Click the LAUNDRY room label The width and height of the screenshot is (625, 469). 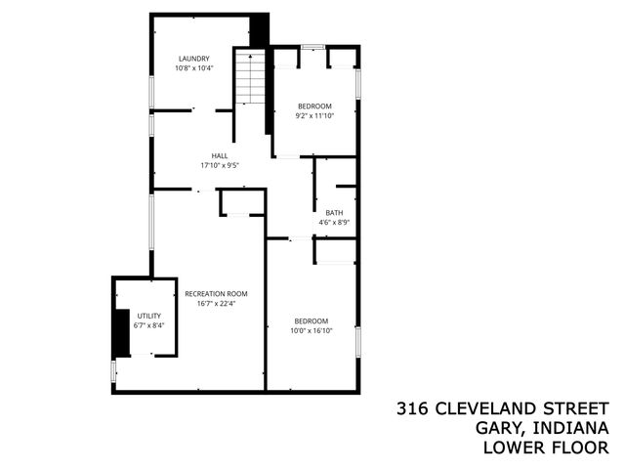tap(193, 59)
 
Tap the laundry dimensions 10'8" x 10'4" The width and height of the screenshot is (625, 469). tap(193, 68)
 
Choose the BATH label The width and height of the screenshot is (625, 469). tap(334, 213)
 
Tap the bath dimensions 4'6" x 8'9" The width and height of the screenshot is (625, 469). tap(334, 223)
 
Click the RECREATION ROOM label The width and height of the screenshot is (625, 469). tap(216, 293)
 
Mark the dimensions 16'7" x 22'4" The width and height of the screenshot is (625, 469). tap(216, 303)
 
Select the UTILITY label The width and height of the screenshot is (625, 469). tap(148, 316)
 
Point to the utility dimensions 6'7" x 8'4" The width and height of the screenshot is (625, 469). tap(148, 325)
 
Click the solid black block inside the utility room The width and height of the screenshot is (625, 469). tap(121, 332)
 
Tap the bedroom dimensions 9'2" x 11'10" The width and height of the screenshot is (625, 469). tap(314, 115)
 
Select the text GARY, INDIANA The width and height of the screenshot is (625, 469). tap(542, 428)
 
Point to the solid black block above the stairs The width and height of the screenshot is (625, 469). tap(259, 29)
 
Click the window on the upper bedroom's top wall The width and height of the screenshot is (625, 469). tap(312, 47)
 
